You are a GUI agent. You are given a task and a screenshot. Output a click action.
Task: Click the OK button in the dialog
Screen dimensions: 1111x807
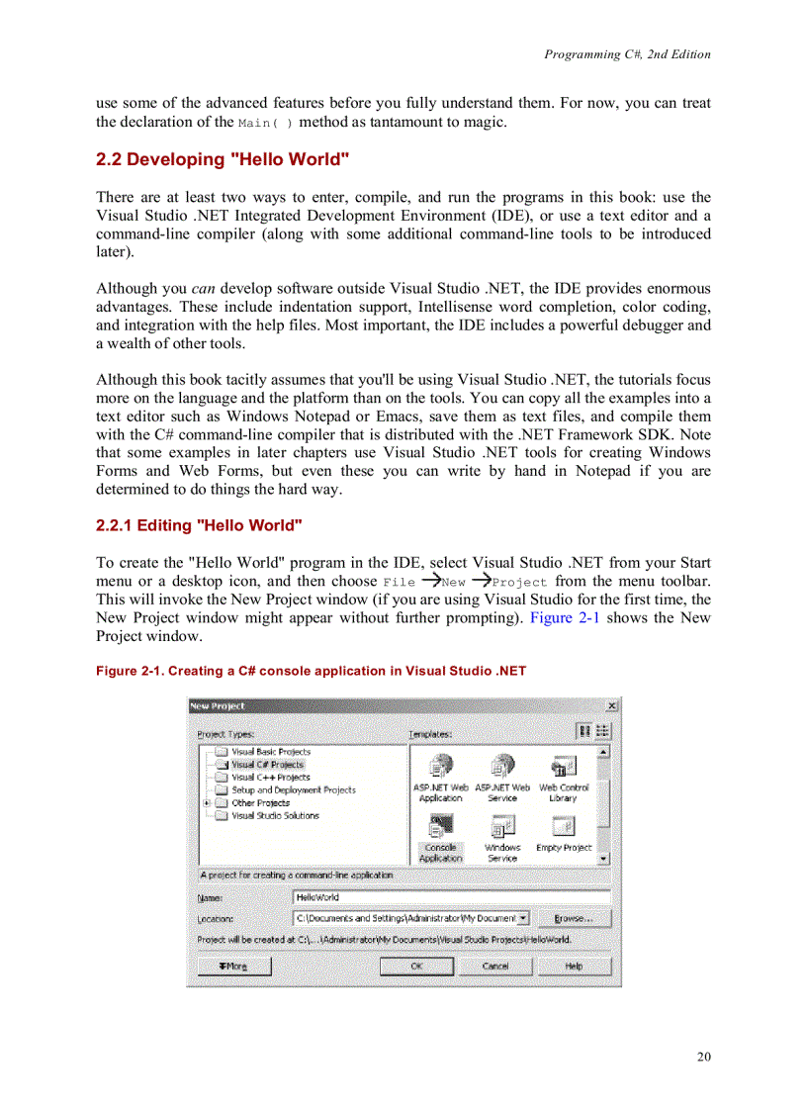pyautogui.click(x=416, y=967)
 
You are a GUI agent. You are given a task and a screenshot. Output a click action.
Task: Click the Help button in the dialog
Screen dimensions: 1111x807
pyautogui.click(x=574, y=967)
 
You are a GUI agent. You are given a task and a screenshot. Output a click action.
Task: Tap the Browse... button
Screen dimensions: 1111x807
pyautogui.click(x=574, y=918)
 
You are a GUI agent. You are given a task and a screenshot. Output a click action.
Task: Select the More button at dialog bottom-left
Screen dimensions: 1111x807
pyautogui.click(x=234, y=967)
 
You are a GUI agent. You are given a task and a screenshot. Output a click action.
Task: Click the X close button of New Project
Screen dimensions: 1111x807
pyautogui.click(x=611, y=705)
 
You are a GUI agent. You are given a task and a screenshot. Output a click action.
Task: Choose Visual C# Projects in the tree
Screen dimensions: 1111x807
pyautogui.click(x=267, y=765)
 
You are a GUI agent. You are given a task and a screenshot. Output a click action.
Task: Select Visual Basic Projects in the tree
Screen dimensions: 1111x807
pyautogui.click(x=270, y=752)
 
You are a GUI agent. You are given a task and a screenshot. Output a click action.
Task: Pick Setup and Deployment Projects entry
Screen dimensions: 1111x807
pyautogui.click(x=293, y=790)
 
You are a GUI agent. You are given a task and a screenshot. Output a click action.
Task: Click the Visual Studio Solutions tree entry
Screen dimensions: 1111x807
pyautogui.click(x=275, y=816)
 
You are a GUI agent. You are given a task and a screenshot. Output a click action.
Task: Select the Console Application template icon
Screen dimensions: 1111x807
pyautogui.click(x=440, y=828)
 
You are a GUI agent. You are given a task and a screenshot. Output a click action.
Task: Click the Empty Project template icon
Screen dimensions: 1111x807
pyautogui.click(x=563, y=828)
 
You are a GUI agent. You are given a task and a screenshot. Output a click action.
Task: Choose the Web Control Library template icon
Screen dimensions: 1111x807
pyautogui.click(x=563, y=769)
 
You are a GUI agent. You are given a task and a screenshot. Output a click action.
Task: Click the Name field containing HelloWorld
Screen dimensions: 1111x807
pyautogui.click(x=450, y=897)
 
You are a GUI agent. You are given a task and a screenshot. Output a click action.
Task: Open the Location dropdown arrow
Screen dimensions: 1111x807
pyautogui.click(x=523, y=918)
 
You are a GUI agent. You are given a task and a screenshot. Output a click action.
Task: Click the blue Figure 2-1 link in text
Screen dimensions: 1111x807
pyautogui.click(x=566, y=618)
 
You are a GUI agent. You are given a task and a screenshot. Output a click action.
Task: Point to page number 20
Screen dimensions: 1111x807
pyautogui.click(x=703, y=1057)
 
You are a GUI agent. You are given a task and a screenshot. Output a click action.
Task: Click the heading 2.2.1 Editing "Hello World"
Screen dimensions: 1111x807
pyautogui.click(x=199, y=525)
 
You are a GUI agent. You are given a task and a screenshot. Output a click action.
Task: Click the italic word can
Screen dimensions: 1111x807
pyautogui.click(x=205, y=288)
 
